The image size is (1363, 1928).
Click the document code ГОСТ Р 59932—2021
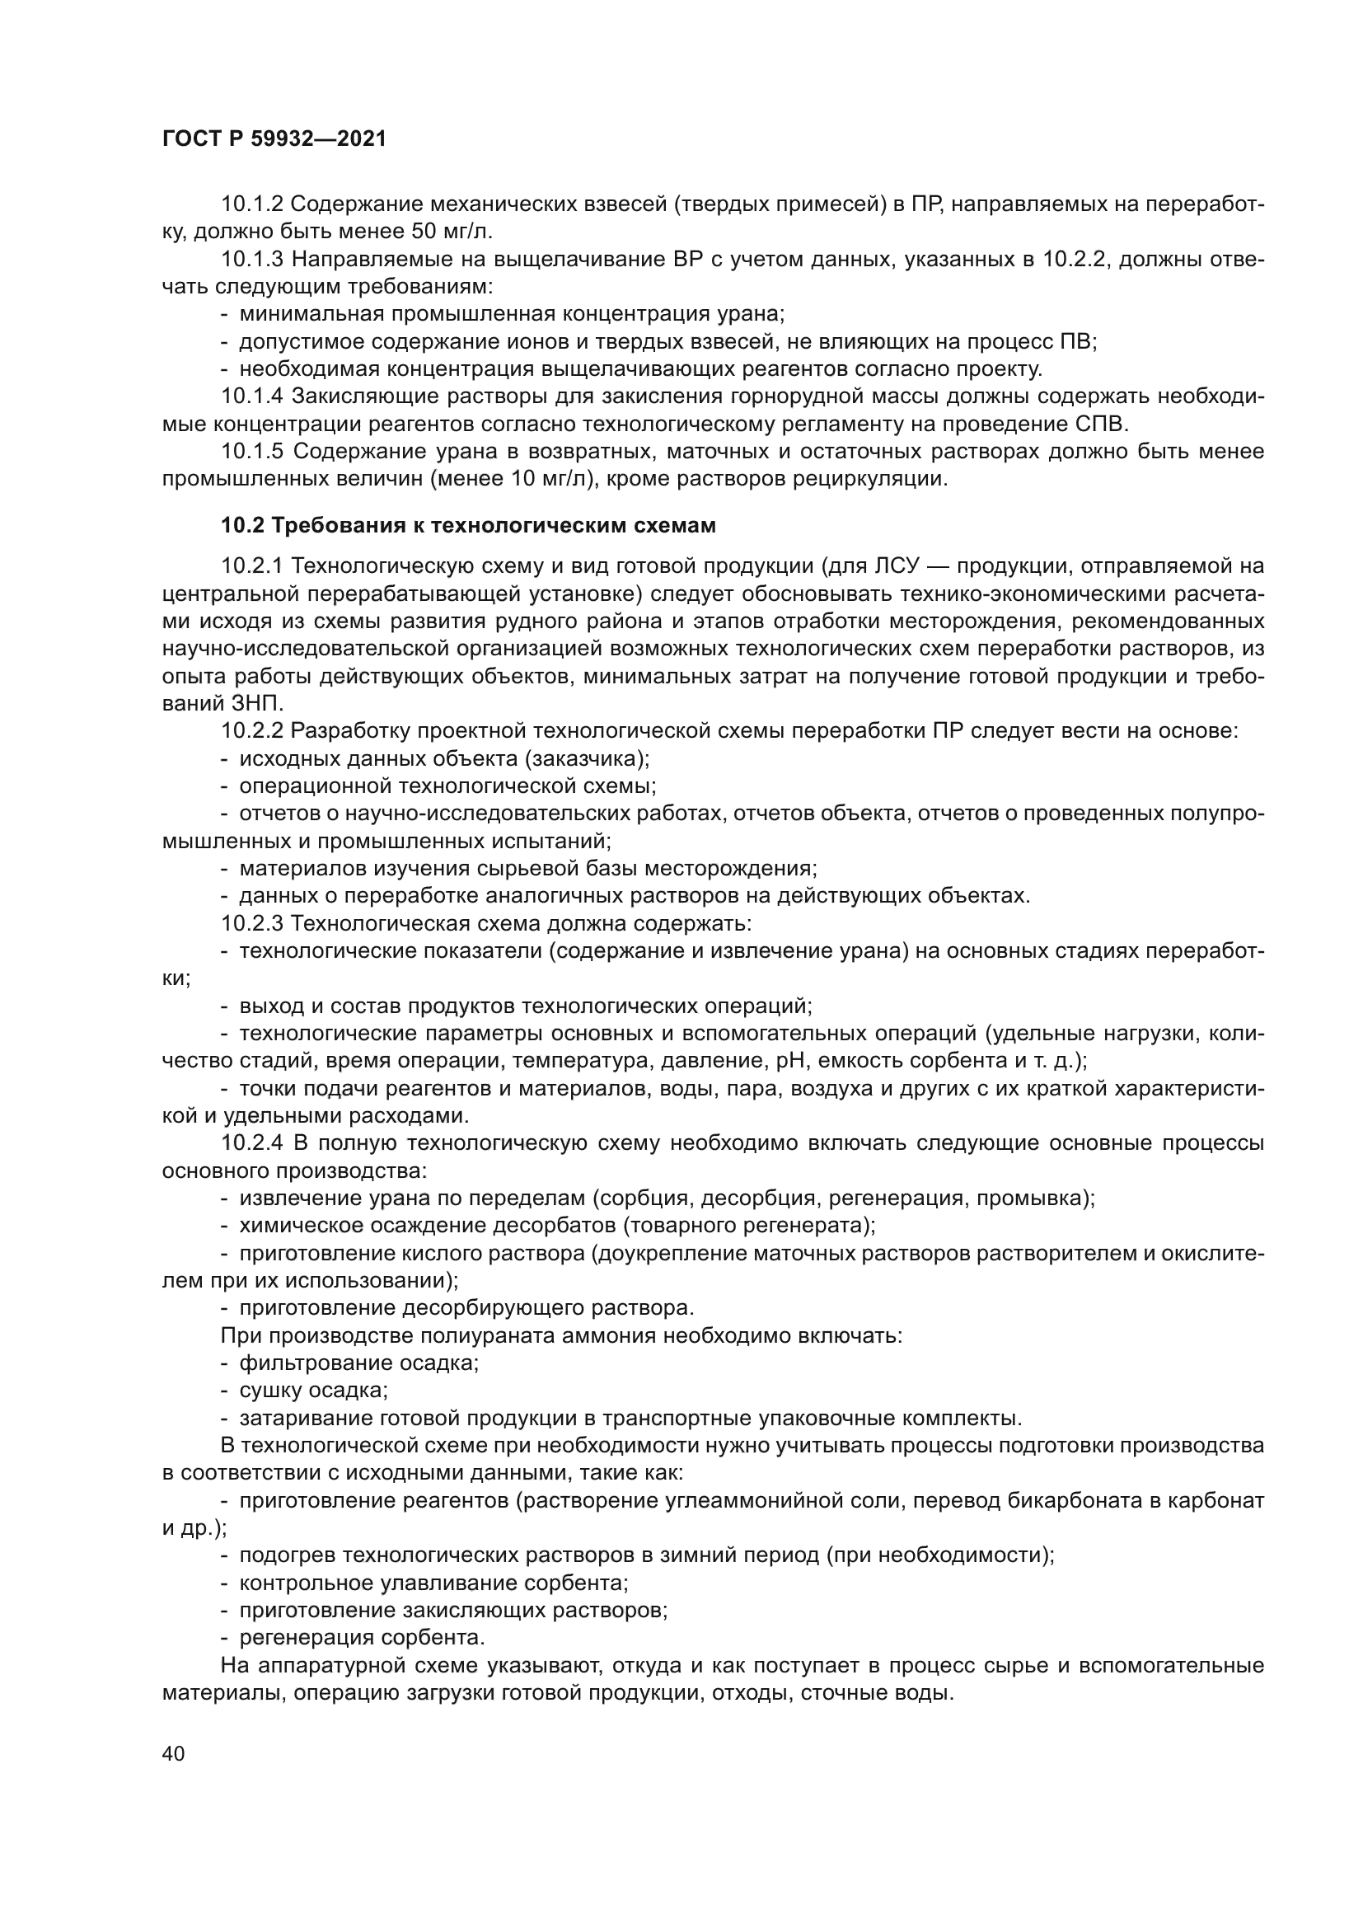pyautogui.click(x=274, y=139)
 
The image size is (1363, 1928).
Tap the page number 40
pyautogui.click(x=174, y=1754)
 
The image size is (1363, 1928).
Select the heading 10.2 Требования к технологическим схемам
pyautogui.click(x=468, y=526)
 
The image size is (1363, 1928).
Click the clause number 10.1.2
pyautogui.click(x=252, y=204)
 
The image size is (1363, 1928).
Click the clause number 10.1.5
pyautogui.click(x=252, y=452)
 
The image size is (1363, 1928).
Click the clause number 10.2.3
pyautogui.click(x=252, y=924)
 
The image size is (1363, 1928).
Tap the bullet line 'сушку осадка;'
pyautogui.click(x=313, y=1390)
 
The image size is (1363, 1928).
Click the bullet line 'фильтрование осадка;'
pyautogui.click(x=358, y=1362)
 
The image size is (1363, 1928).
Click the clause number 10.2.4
pyautogui.click(x=252, y=1142)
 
